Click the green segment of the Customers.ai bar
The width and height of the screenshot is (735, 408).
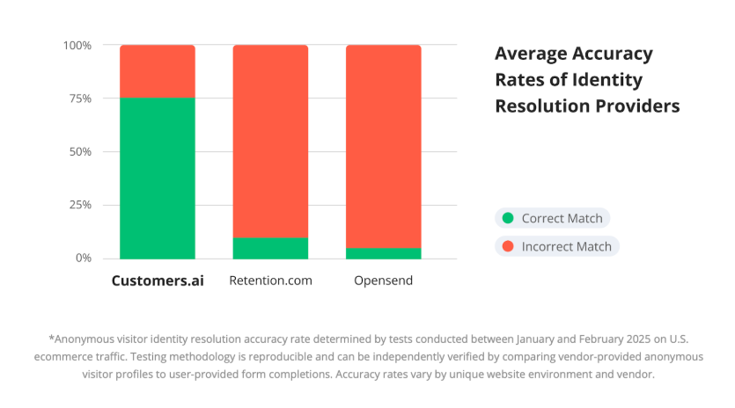tap(157, 178)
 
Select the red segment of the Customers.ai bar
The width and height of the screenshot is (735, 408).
tap(157, 71)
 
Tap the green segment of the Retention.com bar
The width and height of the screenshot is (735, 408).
tap(270, 248)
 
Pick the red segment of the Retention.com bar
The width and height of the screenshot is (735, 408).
tap(270, 141)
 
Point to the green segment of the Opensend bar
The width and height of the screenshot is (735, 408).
tap(383, 253)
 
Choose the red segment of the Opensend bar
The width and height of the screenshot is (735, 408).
tap(383, 145)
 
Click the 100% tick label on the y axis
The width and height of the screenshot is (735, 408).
tap(77, 46)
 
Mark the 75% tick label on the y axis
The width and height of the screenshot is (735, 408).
tap(79, 98)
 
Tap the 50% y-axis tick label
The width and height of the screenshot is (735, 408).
tap(79, 152)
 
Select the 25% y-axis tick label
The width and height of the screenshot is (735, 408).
tap(79, 205)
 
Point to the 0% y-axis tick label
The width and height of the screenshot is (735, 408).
tap(83, 259)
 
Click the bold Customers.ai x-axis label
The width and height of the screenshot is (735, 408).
tap(157, 281)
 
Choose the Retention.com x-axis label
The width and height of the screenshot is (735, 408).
tap(270, 281)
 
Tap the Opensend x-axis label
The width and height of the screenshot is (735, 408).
tap(383, 281)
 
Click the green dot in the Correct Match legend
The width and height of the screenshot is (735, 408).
tap(507, 218)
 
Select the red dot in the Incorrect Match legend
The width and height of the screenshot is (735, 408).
tap(507, 246)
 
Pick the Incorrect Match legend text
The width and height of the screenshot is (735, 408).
tap(566, 246)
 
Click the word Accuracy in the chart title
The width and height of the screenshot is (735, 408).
tap(613, 54)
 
